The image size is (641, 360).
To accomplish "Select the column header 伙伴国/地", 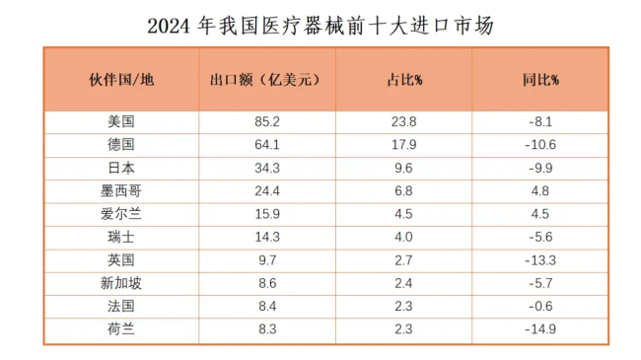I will pyautogui.click(x=121, y=79).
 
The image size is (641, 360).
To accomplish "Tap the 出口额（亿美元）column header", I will pyautogui.click(x=267, y=79).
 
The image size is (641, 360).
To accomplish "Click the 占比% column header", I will pyautogui.click(x=404, y=79).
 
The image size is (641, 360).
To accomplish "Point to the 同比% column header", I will pyautogui.click(x=539, y=79).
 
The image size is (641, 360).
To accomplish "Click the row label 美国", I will pyautogui.click(x=121, y=122).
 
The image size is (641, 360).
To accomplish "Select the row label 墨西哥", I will pyautogui.click(x=121, y=190).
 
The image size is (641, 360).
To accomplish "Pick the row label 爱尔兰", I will pyautogui.click(x=121, y=213).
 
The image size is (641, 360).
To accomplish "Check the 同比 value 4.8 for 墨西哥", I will pyautogui.click(x=539, y=190).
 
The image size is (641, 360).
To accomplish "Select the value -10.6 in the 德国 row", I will pyautogui.click(x=539, y=145).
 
